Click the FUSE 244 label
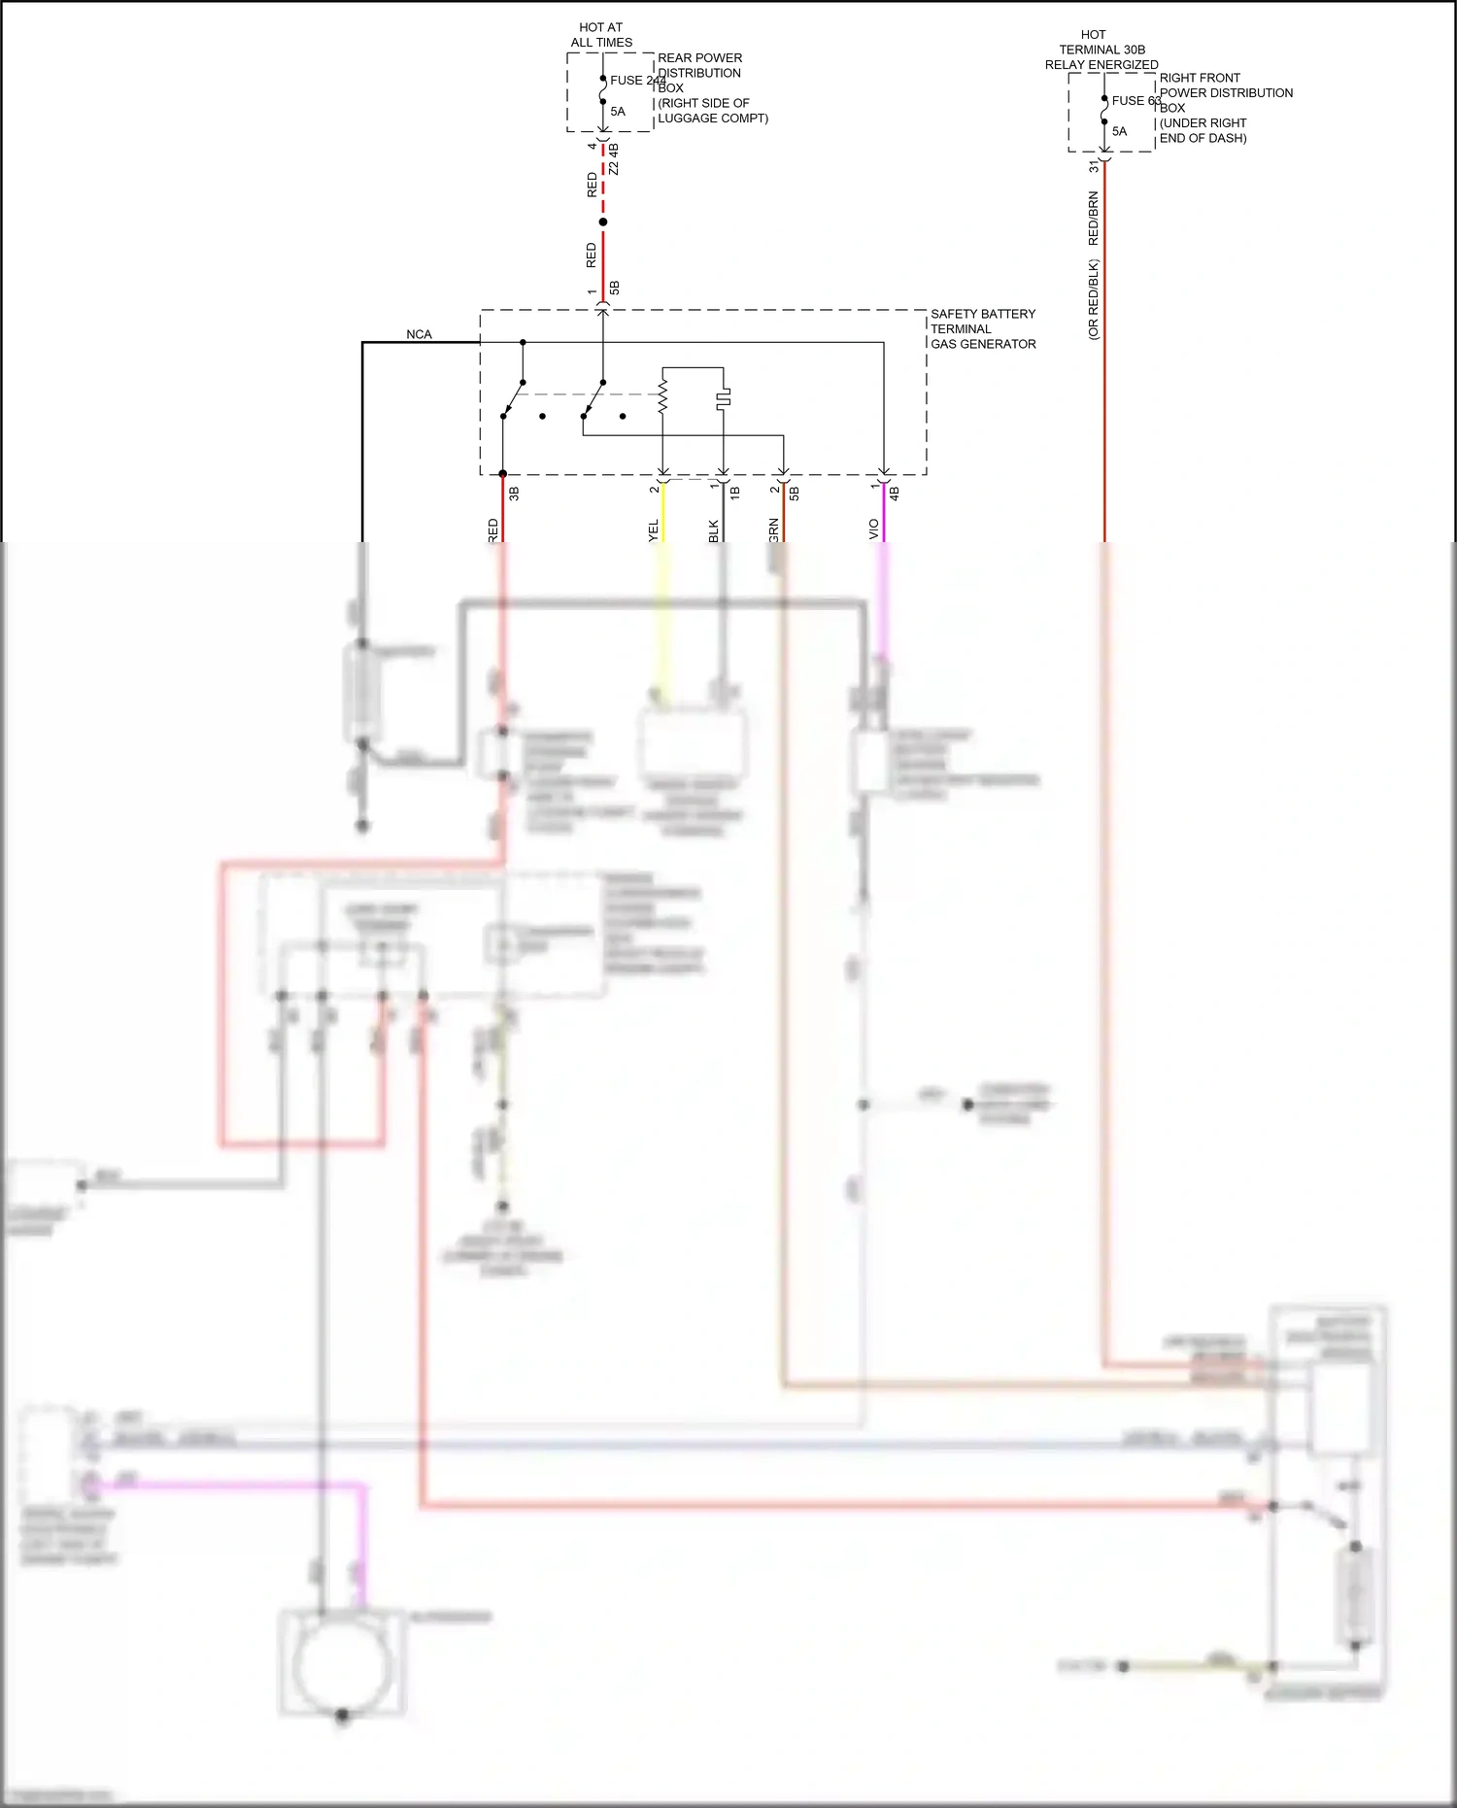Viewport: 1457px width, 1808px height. pos(637,81)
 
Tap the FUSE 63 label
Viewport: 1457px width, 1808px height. pos(1135,100)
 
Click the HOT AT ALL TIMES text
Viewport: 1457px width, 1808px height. pos(601,35)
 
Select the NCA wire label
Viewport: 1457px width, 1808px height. pos(419,334)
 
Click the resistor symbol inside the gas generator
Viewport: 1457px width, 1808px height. pos(662,397)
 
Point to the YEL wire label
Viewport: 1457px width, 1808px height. pos(653,530)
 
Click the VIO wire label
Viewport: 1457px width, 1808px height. pos(873,529)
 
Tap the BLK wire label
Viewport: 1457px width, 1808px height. pos(713,530)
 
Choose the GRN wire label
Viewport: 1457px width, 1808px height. pos(773,529)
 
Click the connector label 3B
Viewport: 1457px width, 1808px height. pos(514,494)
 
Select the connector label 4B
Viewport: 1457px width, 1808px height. pos(894,494)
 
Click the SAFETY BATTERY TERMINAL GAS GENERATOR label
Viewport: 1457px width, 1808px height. pos(982,328)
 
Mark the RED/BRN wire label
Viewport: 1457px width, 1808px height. pos(1093,219)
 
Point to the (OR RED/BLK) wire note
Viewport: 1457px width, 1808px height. pos(1093,299)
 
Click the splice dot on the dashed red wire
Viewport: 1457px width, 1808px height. pos(603,222)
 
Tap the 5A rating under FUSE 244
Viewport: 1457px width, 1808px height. pos(618,111)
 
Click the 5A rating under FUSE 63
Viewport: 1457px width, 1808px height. pos(1119,131)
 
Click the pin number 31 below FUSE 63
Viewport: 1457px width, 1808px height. pos(1094,167)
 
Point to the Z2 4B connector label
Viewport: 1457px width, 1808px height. pos(614,160)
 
